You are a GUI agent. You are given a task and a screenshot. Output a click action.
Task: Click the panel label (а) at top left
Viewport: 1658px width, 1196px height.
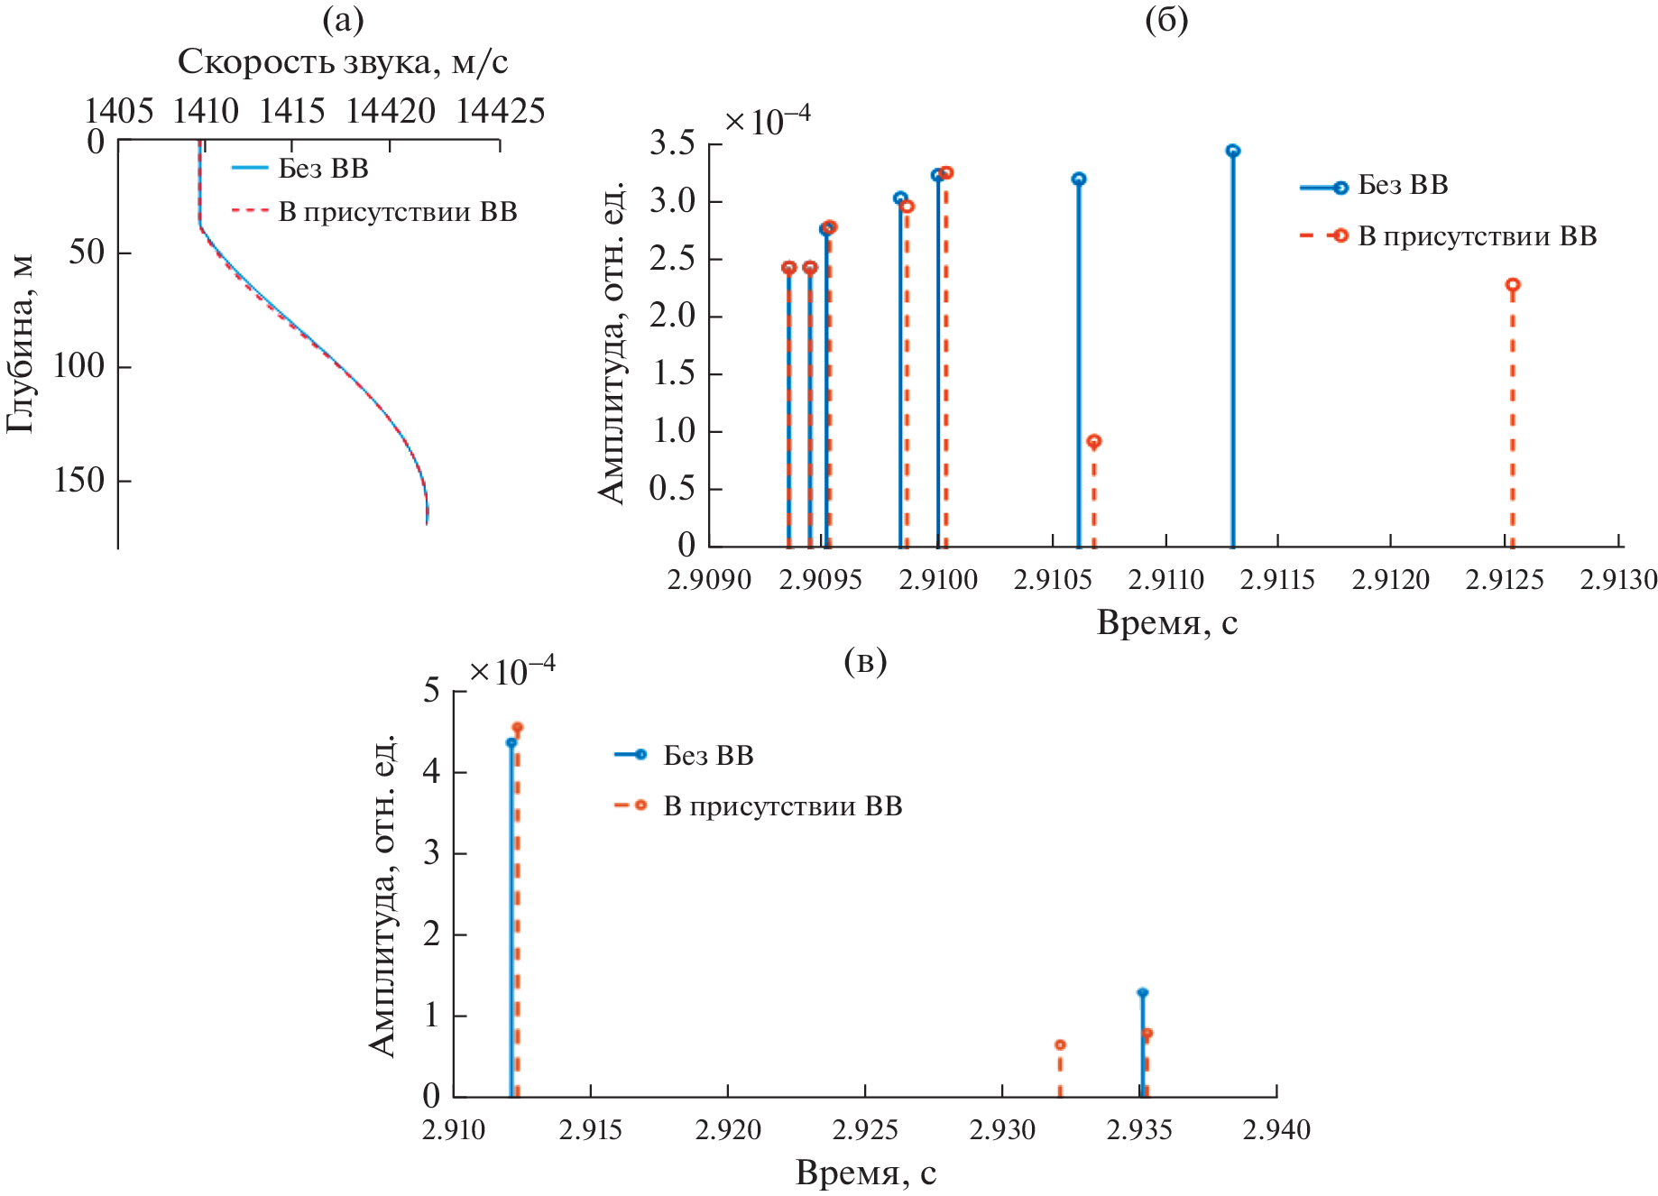[343, 20]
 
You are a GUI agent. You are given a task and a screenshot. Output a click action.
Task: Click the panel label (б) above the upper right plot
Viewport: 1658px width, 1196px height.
[1166, 20]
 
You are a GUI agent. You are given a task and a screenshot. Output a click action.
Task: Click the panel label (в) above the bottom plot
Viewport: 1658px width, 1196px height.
[865, 661]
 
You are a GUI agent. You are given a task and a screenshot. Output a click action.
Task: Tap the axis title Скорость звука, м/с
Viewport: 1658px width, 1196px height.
[343, 61]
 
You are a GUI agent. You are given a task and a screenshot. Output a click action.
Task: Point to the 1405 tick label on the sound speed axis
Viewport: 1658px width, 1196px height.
[118, 111]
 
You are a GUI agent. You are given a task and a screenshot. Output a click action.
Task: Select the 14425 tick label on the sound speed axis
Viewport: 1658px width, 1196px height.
[500, 111]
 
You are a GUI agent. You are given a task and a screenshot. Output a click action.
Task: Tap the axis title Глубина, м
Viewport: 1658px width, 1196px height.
[21, 343]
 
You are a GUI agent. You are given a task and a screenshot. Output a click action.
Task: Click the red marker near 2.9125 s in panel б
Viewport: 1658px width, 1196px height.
[1513, 285]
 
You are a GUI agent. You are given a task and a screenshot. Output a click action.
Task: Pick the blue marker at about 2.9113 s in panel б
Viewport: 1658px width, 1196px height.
[1233, 151]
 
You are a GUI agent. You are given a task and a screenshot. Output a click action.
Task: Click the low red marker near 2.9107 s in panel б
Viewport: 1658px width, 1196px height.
[1094, 441]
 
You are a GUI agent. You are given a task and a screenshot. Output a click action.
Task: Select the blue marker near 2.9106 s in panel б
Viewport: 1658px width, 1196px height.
[1079, 179]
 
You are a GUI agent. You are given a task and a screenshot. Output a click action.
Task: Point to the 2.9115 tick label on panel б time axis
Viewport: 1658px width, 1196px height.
[1277, 579]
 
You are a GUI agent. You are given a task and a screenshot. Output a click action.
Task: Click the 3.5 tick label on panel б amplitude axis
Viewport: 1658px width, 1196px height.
[673, 143]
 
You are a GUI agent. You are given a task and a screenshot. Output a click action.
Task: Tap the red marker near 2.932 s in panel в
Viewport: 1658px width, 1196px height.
[1060, 1044]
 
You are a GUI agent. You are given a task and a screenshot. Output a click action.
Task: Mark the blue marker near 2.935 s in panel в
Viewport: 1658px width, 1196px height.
[1142, 992]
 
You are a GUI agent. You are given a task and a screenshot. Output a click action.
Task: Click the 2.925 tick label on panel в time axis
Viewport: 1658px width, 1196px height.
[866, 1129]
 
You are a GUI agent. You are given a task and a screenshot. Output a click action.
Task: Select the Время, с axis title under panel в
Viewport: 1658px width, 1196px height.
[866, 1173]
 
